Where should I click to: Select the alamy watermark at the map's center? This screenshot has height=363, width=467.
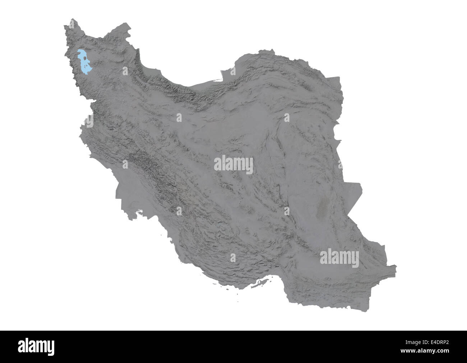pyautogui.click(x=233, y=165)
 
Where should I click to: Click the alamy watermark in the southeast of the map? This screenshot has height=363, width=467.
pyautogui.click(x=339, y=258)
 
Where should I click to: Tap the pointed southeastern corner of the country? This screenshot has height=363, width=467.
pyautogui.click(x=395, y=266)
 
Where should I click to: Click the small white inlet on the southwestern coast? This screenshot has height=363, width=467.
pyautogui.click(x=138, y=211)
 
